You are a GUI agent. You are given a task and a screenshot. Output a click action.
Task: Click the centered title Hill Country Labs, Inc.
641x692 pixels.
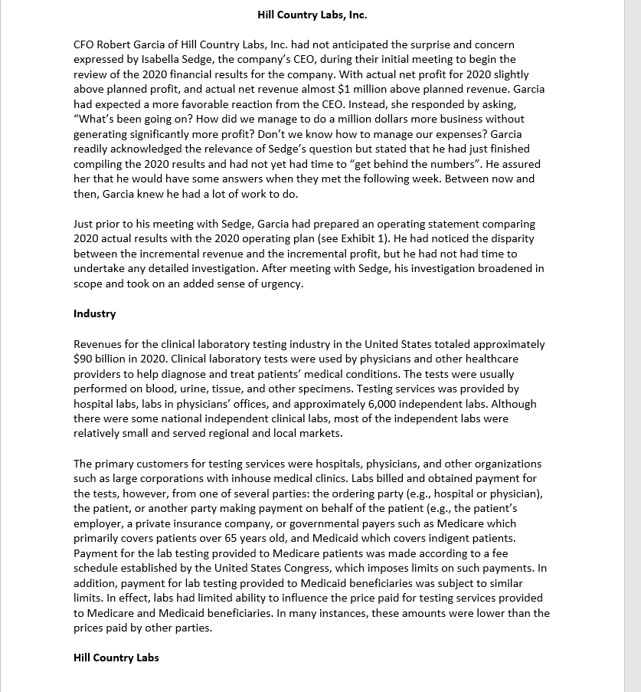tap(312, 15)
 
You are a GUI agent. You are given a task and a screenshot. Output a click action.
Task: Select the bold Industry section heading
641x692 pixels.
tap(94, 313)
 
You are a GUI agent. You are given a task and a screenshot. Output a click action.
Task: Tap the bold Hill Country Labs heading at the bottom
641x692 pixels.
tap(116, 658)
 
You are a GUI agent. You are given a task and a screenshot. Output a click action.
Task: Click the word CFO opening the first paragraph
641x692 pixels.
tap(84, 44)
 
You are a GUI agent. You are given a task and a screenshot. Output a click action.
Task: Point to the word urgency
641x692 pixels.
tap(282, 284)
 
